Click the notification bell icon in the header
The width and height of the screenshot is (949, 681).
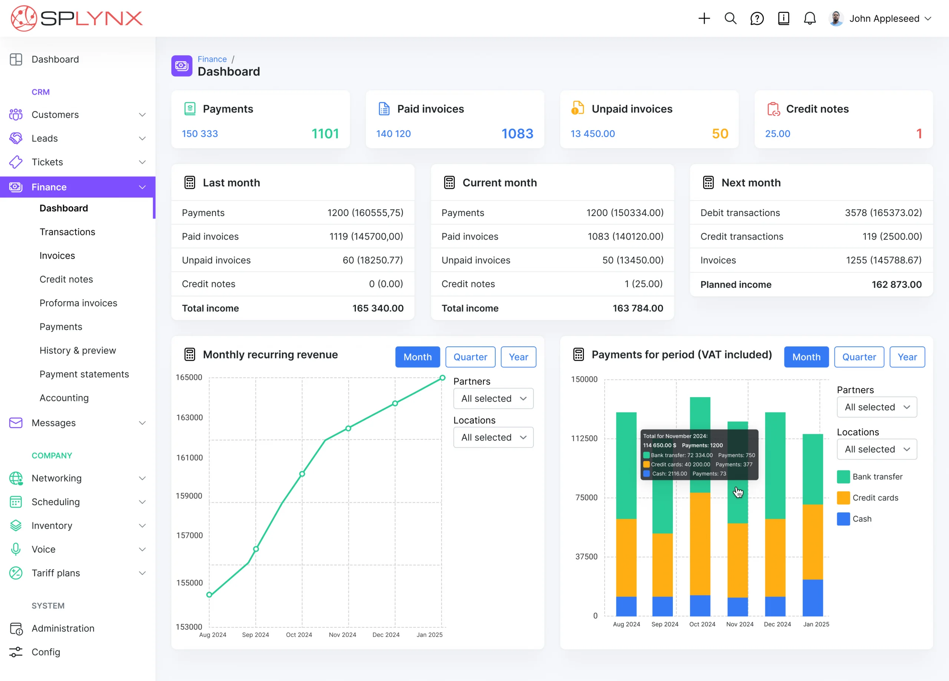(809, 19)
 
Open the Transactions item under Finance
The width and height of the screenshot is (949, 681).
(67, 232)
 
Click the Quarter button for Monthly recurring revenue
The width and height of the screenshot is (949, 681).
(470, 357)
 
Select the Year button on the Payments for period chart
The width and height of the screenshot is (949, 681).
(907, 357)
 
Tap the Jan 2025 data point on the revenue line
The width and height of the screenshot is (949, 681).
(442, 378)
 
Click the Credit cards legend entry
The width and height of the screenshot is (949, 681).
(875, 498)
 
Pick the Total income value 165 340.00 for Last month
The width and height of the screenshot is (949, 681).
(377, 308)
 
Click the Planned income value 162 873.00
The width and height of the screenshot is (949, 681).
(896, 285)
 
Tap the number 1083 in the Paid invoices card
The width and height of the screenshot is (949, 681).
(517, 134)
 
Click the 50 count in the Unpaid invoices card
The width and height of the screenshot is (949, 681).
(720, 134)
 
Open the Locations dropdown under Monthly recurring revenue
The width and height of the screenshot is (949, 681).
(493, 437)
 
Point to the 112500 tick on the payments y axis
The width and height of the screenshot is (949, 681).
(584, 438)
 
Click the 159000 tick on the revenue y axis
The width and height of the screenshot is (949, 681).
(189, 496)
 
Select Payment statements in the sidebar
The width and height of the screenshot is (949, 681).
(84, 374)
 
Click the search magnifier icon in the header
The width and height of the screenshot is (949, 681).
(730, 19)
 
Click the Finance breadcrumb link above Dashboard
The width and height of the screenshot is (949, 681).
(212, 59)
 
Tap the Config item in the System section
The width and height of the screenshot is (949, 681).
(46, 652)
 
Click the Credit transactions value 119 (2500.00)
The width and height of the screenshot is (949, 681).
(892, 236)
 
